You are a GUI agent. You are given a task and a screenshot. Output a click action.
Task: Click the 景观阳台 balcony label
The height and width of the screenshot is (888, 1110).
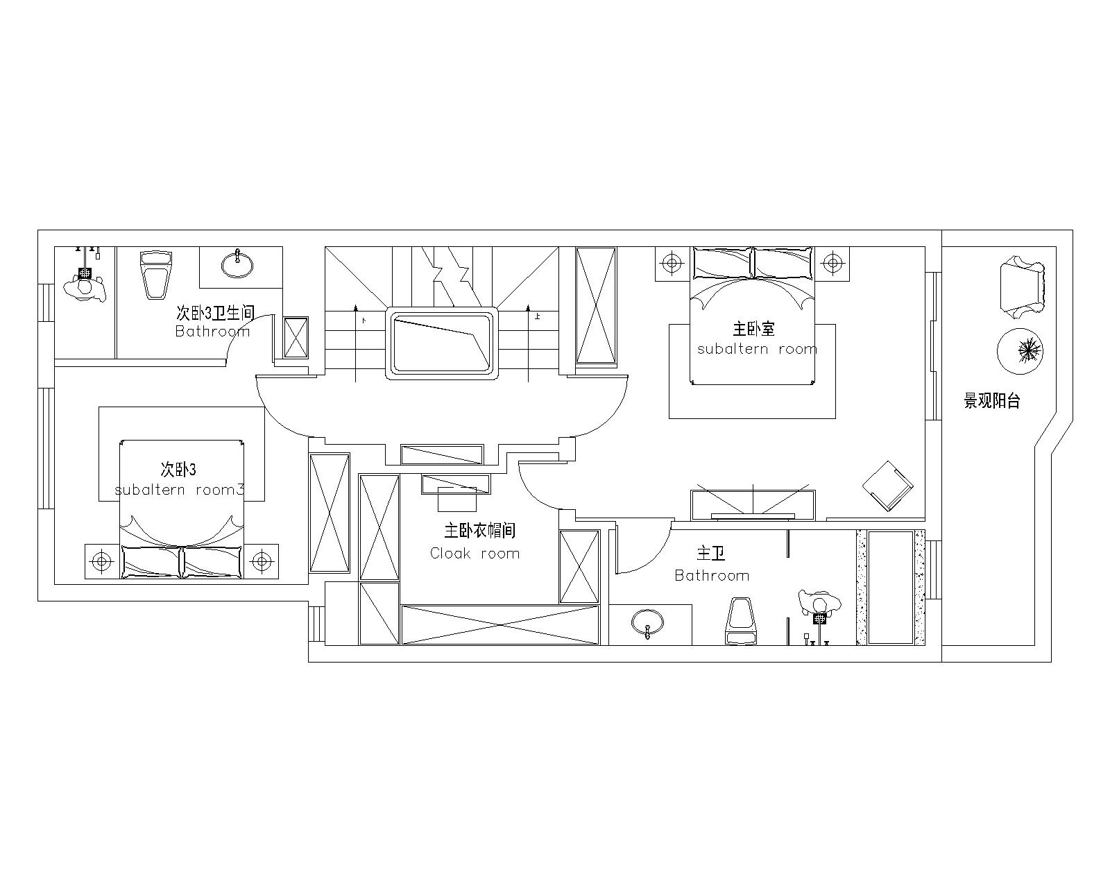(992, 401)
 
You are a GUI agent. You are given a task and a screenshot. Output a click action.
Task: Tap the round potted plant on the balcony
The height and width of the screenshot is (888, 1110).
(1021, 351)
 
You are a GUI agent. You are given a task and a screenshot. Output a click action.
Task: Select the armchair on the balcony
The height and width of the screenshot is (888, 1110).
(1023, 287)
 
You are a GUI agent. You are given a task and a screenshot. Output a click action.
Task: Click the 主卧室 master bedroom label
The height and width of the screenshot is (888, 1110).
(753, 330)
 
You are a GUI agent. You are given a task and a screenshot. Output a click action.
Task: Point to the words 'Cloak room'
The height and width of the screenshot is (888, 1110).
(475, 554)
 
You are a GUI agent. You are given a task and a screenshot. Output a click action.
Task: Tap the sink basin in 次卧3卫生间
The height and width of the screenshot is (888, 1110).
(237, 264)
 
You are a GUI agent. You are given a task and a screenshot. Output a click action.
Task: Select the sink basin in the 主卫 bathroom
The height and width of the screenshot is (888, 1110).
(647, 624)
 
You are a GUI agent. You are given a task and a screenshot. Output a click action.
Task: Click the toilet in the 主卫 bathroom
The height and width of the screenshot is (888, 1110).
(740, 621)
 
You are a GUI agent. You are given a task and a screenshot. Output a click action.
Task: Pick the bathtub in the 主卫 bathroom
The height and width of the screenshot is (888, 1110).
(890, 587)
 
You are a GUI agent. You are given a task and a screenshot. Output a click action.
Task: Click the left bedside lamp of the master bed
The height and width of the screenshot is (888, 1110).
(672, 264)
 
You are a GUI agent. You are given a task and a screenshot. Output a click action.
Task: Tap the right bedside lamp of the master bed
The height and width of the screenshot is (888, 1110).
(832, 264)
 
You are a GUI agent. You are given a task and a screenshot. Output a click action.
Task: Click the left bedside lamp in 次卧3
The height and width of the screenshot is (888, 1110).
(102, 561)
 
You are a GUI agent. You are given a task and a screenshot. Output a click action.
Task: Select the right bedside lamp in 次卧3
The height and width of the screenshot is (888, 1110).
(262, 561)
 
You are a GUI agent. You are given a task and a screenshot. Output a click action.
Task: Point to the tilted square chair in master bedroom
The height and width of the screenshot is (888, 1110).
(888, 486)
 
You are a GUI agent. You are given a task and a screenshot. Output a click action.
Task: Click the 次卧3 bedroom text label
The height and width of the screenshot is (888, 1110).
(178, 470)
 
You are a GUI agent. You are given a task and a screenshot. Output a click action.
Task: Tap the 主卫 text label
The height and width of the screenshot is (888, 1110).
(711, 554)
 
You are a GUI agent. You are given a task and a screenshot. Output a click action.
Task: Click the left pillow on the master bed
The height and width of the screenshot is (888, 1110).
(723, 264)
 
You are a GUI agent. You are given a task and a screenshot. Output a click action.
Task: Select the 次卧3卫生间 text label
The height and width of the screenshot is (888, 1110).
(216, 313)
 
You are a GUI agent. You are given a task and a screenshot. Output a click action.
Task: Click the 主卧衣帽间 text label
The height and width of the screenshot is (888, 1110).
(479, 531)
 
